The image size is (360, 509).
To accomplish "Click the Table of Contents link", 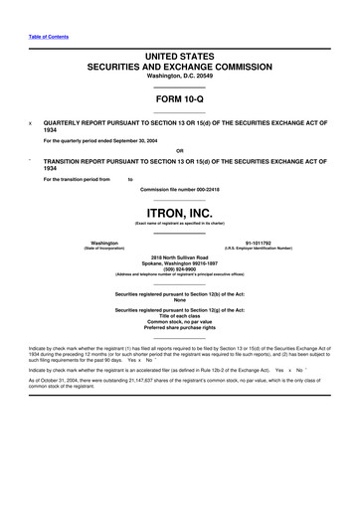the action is (47, 37).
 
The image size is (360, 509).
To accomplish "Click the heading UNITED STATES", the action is (180, 61).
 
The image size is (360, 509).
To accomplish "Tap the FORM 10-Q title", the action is (180, 102).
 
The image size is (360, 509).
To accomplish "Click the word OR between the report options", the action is (180, 150).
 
